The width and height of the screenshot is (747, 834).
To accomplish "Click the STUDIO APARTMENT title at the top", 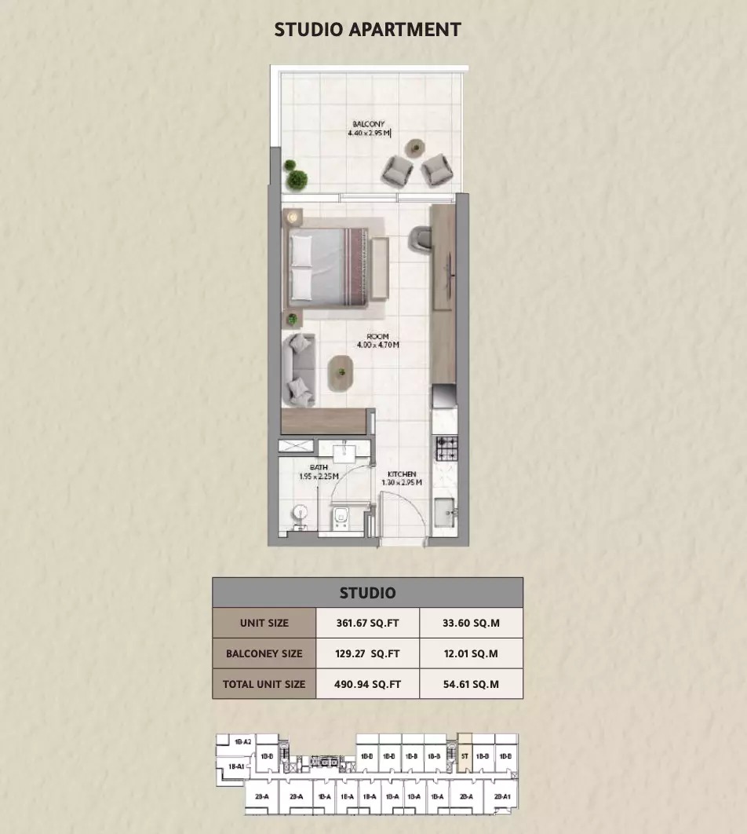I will coord(367,30).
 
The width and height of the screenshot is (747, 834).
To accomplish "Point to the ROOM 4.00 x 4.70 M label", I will coord(377,340).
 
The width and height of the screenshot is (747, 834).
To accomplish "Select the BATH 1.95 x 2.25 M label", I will coord(319,472).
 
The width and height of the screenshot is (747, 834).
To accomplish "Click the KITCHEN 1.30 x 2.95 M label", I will coord(401,478).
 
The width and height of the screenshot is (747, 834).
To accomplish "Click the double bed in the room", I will coord(329,265).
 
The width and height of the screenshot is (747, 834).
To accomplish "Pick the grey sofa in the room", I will coord(299,369).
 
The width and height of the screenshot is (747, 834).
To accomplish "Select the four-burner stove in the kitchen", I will coord(446,448).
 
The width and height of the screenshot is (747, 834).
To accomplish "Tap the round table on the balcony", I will coord(415,147).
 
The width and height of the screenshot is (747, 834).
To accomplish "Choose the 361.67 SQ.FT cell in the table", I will coord(367,624).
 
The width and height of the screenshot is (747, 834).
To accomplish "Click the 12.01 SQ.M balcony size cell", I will coord(471,653).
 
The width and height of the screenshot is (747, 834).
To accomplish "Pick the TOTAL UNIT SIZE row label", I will coord(264,684).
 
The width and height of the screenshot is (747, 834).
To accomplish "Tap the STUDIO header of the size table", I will coord(367,593).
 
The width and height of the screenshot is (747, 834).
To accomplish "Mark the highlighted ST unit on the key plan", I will coord(465,756).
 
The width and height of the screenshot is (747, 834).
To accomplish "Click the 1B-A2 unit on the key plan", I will coord(242,741).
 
